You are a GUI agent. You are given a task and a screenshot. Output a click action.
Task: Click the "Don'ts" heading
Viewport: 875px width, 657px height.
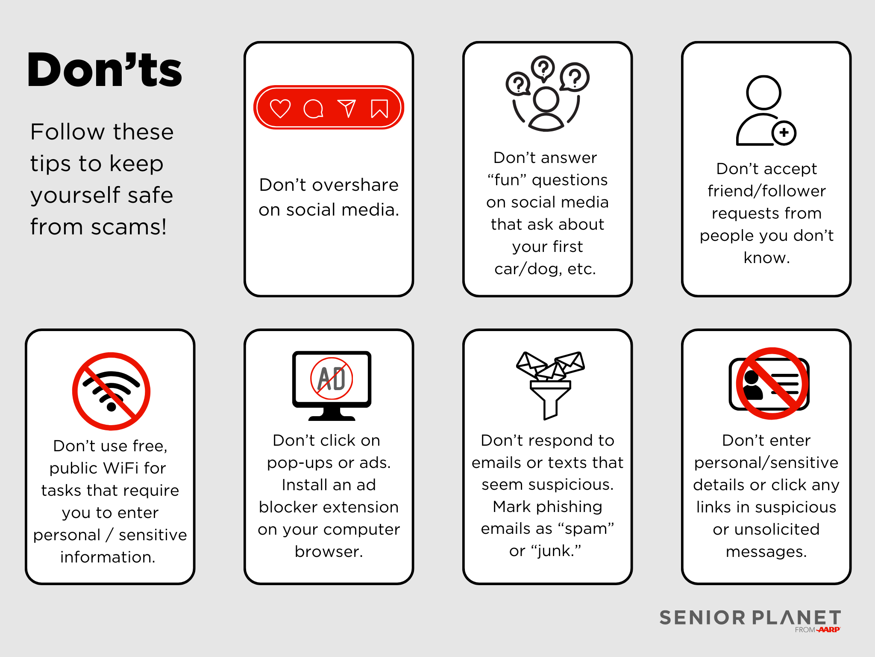105,69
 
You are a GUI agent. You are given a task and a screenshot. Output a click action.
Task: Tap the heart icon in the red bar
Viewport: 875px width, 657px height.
280,108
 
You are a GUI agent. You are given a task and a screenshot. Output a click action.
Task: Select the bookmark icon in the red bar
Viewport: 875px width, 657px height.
379,108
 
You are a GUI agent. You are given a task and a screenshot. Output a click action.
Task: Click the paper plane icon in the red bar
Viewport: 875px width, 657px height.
346,108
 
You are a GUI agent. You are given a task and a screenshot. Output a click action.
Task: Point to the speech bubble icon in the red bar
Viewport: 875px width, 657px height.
313,109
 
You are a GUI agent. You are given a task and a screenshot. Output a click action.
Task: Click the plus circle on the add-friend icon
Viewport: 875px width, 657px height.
784,133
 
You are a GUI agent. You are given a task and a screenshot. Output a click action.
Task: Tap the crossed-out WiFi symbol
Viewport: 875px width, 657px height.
111,391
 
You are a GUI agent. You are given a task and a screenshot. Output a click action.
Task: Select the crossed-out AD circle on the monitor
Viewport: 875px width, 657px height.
332,379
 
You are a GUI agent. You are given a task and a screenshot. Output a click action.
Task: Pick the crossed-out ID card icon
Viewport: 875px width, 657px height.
769,384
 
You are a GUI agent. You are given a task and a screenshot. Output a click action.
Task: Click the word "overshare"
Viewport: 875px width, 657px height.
355,185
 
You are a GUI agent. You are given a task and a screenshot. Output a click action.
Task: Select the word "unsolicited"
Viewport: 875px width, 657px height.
777,530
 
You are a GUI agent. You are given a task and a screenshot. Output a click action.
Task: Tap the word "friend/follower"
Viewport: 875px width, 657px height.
766,191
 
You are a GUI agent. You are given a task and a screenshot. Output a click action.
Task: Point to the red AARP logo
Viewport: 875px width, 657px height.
829,630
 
